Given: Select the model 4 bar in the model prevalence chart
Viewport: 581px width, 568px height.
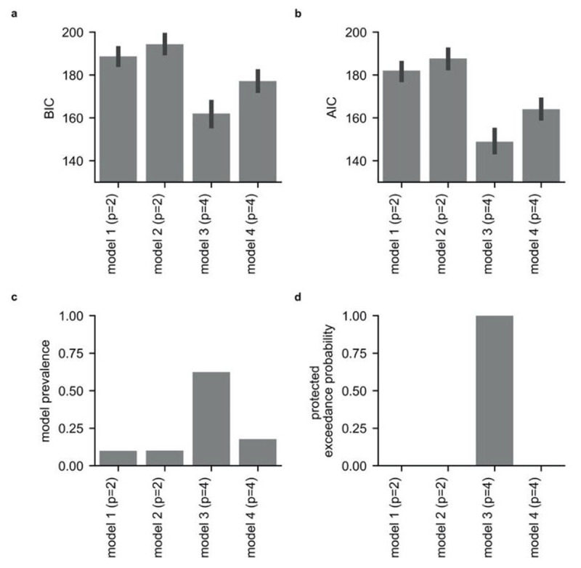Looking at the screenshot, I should tap(257, 452).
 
